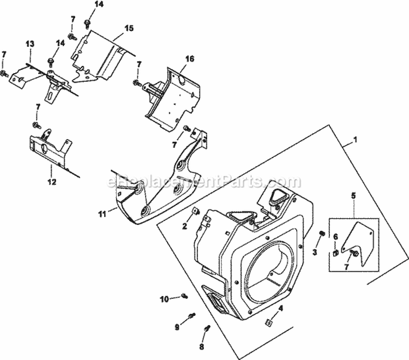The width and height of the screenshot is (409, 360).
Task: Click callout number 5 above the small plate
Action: coord(353,194)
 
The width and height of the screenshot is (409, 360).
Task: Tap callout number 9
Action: coord(177,327)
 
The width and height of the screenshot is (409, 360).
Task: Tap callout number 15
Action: coord(129,28)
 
